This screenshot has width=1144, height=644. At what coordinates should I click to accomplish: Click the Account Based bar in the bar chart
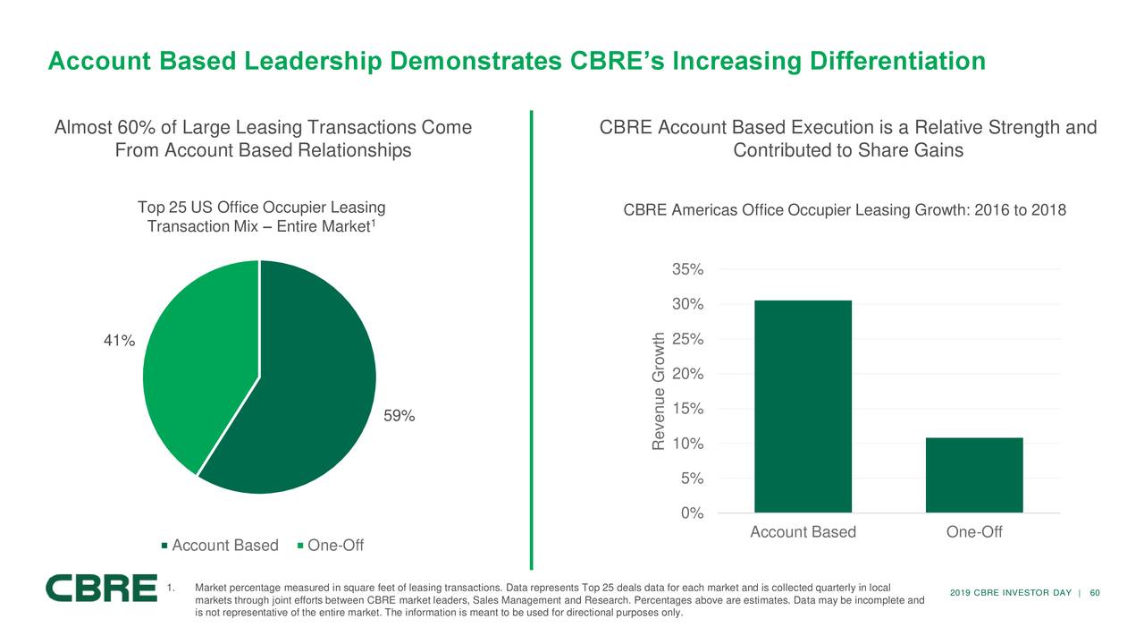[x=803, y=406]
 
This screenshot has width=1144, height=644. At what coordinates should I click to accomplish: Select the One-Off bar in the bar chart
[x=974, y=475]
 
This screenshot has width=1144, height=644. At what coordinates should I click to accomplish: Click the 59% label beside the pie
[x=399, y=416]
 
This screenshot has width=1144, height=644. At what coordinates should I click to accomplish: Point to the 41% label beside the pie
[x=118, y=341]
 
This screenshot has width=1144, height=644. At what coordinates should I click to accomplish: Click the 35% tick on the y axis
[x=686, y=270]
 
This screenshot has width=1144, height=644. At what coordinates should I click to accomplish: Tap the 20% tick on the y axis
[x=686, y=374]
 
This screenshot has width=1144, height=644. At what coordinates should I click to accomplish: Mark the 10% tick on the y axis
[x=686, y=445]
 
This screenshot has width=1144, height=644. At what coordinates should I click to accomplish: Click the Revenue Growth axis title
[x=659, y=392]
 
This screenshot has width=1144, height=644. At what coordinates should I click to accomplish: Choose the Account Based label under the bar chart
[x=803, y=533]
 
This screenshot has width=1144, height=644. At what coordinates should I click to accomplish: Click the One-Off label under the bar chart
[x=974, y=533]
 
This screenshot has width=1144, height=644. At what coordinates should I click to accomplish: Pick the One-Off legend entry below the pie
[x=330, y=547]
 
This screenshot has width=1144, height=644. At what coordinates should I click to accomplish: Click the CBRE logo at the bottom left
[x=101, y=589]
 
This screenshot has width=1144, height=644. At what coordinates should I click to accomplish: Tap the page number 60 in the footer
[x=1095, y=593]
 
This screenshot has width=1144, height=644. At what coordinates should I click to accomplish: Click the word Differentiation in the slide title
[x=897, y=62]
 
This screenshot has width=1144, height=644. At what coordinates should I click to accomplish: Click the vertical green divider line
[x=531, y=340]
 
